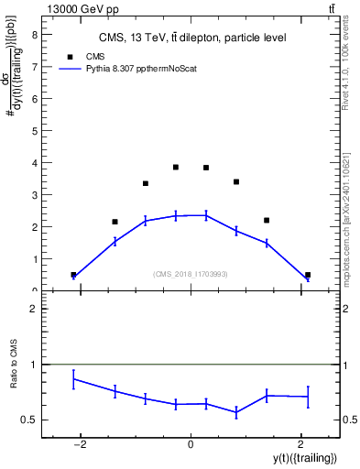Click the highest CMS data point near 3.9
coord(175,167)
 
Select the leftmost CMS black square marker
coord(73,275)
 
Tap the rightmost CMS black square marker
coord(308,275)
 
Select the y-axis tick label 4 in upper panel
coord(33,163)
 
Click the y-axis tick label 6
coord(33,99)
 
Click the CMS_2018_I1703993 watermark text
coord(190,274)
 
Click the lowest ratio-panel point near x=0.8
coord(236,413)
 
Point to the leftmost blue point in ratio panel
coord(73,379)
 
